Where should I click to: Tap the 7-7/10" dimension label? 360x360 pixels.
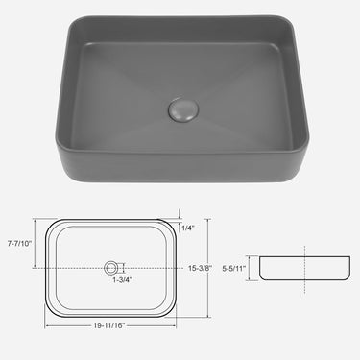(x=19, y=243)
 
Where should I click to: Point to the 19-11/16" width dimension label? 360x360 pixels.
(x=112, y=324)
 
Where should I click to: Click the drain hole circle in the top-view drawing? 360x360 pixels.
(x=113, y=265)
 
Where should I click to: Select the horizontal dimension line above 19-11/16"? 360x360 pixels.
(x=112, y=317)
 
